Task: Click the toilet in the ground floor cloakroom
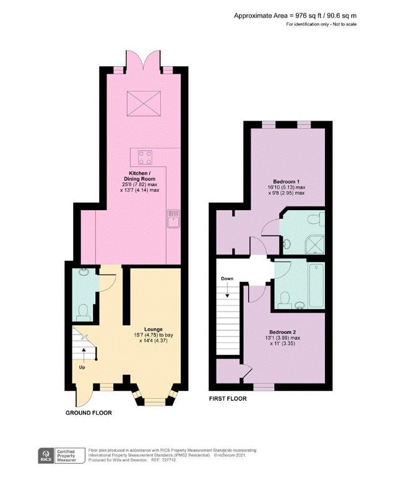pyautogui.click(x=82, y=315)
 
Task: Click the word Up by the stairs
pyautogui.click(x=82, y=367)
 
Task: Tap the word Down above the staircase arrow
pyautogui.click(x=227, y=279)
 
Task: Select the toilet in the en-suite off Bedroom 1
pyautogui.click(x=316, y=220)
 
